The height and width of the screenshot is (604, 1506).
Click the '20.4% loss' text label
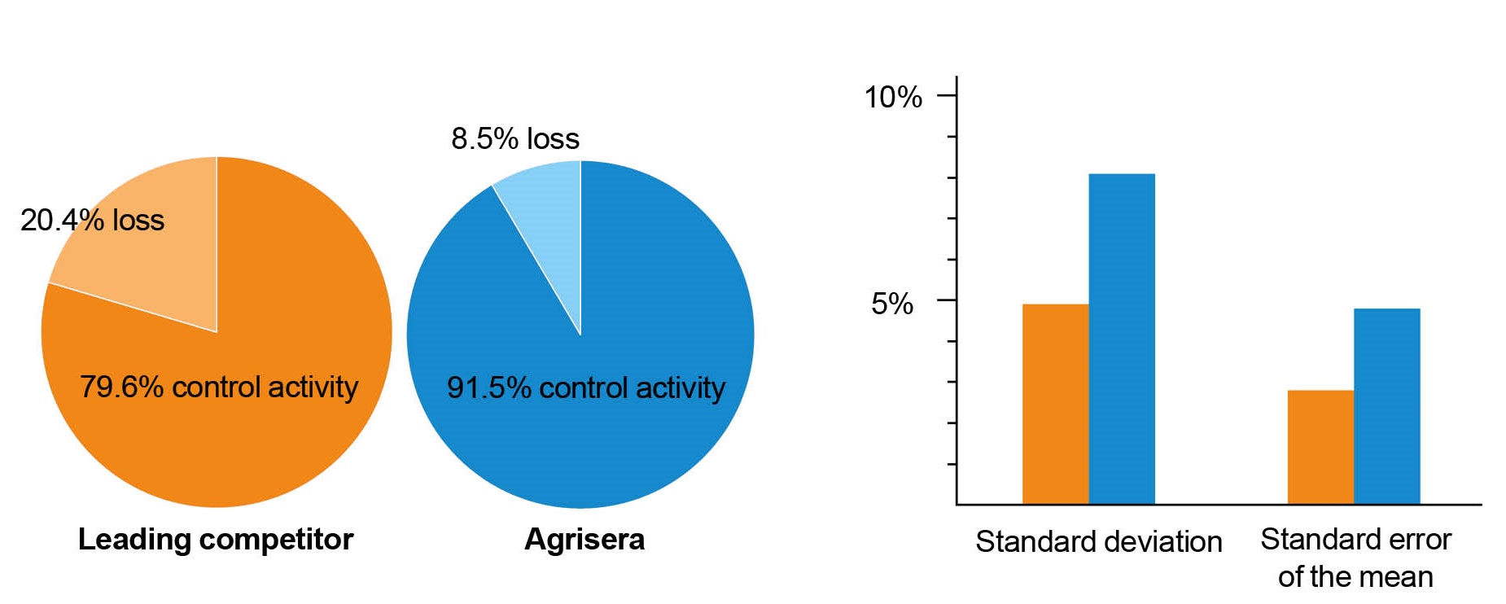pos(92,220)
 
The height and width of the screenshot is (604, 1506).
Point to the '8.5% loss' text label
pos(515,138)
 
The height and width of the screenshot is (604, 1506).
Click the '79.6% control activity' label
pos(219,387)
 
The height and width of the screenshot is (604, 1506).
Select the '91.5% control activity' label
pos(586,387)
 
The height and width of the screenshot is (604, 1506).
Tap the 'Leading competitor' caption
pos(216,539)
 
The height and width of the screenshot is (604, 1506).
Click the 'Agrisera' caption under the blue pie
pos(584,539)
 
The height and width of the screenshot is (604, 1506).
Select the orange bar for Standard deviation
pos(1055,404)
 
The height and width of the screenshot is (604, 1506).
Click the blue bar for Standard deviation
pos(1122,339)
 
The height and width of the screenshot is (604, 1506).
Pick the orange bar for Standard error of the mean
pos(1320,447)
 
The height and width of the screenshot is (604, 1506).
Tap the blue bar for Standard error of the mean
pos(1387,406)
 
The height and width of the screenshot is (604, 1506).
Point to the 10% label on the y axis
pos(893,97)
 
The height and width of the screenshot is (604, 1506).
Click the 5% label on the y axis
pos(892,304)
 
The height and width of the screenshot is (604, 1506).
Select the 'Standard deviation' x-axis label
pos(1099,541)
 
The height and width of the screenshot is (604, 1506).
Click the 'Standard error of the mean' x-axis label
pos(1355,558)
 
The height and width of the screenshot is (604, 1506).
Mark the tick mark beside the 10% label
pos(947,95)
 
